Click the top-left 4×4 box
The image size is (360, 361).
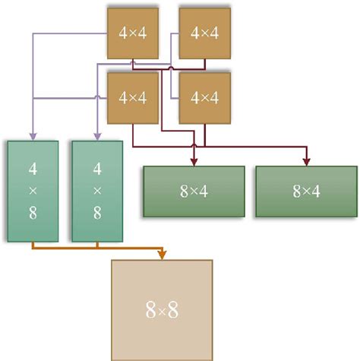133,33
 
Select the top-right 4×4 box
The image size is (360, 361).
204,33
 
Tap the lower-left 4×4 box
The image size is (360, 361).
133,97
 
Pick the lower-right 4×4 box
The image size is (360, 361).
204,97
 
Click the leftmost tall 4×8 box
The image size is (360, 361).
32,190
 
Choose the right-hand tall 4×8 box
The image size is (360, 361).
97,190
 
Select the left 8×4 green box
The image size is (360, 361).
194,192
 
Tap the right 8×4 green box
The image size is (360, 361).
306,192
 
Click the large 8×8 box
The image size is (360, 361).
162,309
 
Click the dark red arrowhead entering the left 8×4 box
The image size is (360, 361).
194,160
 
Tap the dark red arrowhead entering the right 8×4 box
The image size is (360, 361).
306,160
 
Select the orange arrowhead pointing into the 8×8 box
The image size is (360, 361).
162,254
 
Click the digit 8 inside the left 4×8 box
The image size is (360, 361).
32,214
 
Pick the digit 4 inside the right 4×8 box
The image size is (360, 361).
97,167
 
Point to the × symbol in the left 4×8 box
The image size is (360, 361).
32,191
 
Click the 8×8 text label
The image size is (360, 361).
162,309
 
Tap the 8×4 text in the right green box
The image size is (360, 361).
306,192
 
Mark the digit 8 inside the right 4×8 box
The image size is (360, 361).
97,214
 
